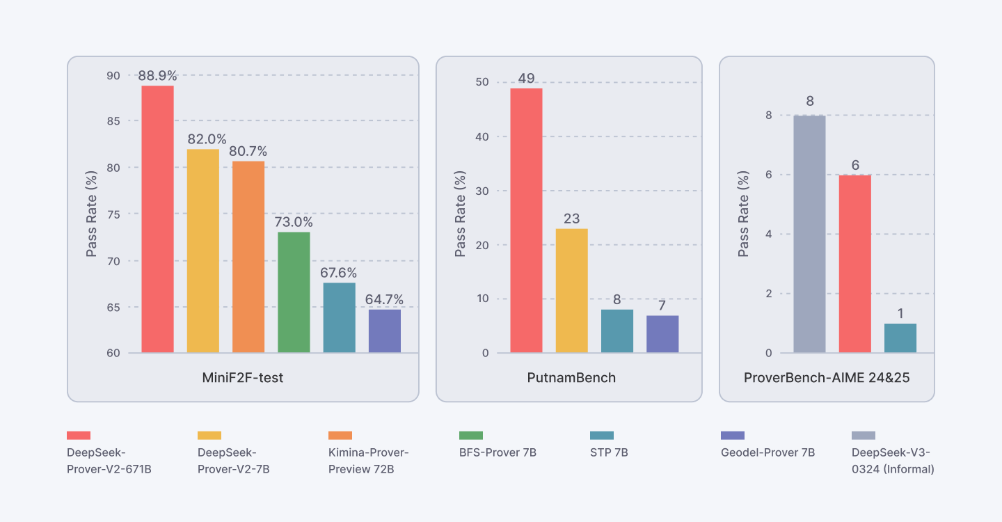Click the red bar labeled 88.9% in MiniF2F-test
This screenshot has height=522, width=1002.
point(157,219)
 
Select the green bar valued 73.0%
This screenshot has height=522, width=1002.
point(294,292)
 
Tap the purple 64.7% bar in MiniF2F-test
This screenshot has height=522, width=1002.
point(384,331)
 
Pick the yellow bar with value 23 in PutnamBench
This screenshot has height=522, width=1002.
point(571,291)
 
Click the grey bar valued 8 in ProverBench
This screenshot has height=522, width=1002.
point(809,235)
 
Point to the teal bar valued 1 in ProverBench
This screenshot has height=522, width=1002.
point(900,338)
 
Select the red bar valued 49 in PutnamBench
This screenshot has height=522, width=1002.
point(526,221)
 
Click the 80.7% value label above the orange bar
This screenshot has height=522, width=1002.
point(248,151)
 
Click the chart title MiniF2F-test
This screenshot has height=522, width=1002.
point(243,378)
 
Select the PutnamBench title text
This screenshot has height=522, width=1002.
point(571,378)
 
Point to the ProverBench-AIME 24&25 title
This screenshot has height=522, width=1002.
point(827,378)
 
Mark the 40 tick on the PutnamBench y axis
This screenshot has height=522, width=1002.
point(482,136)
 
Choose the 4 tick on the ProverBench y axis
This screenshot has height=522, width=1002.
point(768,234)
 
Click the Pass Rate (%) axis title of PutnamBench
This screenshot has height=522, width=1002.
point(460,214)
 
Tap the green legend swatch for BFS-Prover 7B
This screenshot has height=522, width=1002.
point(471,435)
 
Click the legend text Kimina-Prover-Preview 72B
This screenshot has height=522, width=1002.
point(368,461)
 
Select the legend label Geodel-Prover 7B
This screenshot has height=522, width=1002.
point(768,452)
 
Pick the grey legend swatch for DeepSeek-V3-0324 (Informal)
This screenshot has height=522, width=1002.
point(864,435)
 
